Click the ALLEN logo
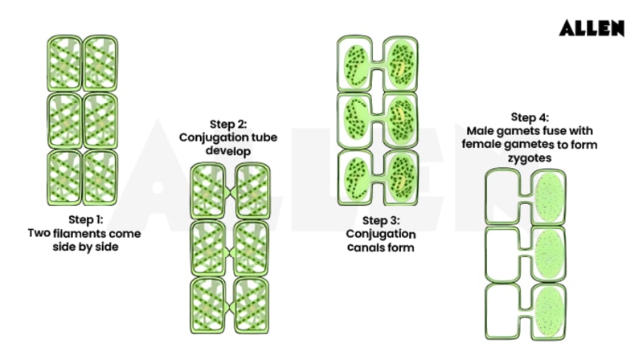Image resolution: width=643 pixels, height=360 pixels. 592,28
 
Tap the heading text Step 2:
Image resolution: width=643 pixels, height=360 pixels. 228,124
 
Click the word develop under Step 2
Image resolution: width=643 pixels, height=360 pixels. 228,151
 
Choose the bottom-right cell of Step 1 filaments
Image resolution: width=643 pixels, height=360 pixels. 100,178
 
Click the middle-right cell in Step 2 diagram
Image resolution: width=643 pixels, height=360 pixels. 248,250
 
